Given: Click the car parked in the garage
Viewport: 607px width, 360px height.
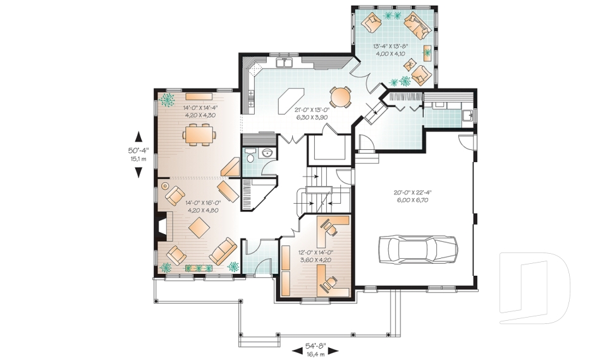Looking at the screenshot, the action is pos(418,249).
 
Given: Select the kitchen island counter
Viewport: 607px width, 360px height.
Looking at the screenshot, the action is pos(291,101).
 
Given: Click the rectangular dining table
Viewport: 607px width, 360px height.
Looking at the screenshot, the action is pos(199,135).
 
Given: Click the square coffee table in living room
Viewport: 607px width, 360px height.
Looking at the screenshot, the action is pos(199,228).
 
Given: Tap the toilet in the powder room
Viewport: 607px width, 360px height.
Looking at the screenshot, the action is pos(250,156).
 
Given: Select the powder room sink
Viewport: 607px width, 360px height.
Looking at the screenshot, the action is pos(267,154).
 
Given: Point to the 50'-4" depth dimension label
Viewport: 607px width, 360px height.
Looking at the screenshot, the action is pos(138,151).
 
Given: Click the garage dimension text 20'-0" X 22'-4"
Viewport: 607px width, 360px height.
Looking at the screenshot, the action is pos(413,192).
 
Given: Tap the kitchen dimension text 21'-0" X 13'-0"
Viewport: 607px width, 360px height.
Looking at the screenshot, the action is pos(311,109).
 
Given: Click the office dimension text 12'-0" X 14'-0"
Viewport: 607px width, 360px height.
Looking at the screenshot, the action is pos(316,252).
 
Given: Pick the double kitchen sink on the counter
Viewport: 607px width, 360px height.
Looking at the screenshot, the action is pos(285,63).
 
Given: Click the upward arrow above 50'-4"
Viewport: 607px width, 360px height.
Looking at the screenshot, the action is pos(138,137).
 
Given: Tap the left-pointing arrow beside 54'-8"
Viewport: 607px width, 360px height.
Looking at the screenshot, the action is pos(297,351).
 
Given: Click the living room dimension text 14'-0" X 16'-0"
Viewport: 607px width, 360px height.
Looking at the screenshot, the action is pos(202,202).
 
